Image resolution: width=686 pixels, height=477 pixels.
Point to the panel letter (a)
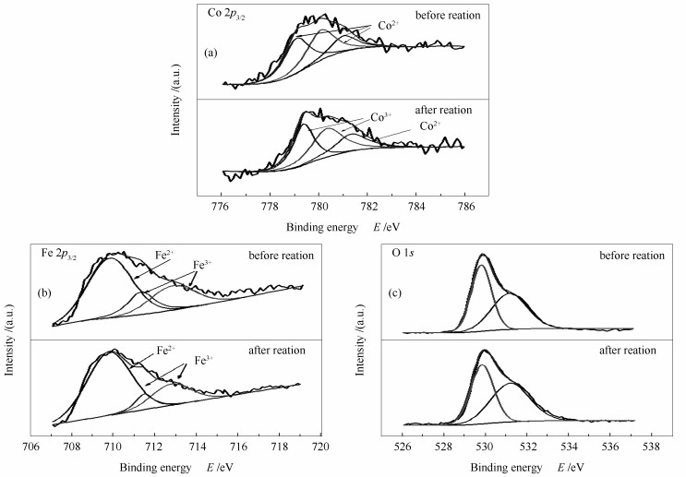(x=211, y=54)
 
